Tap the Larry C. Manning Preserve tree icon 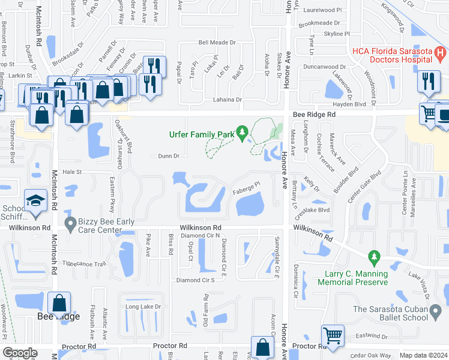[375, 258]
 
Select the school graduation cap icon [35, 200]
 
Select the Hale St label [71, 172]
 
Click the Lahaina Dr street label [226, 100]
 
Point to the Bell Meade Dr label [217, 43]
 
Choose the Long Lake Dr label [143, 307]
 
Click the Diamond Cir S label [195, 280]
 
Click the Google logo [20, 353]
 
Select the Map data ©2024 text [423, 355]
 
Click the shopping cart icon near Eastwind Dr [332, 336]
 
